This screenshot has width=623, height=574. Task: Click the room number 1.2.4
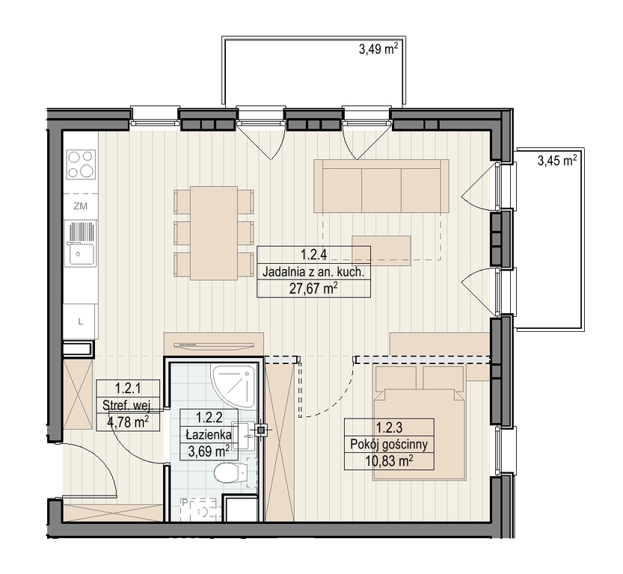tap(313, 254)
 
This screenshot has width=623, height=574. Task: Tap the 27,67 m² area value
tap(313, 288)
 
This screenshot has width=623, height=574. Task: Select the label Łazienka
tap(209, 434)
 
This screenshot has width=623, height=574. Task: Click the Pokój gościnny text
tap(389, 444)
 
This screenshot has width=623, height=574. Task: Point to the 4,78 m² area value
tap(128, 422)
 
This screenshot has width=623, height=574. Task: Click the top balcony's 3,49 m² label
tap(378, 49)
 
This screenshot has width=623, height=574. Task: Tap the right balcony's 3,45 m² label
tap(557, 161)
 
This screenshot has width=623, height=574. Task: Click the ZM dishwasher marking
tap(81, 206)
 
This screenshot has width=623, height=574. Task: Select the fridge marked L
tap(80, 321)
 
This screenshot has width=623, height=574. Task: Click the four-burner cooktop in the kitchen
tap(81, 164)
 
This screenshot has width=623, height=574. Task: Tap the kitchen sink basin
tap(82, 253)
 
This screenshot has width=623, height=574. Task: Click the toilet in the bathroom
tap(230, 474)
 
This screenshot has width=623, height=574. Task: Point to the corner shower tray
tap(233, 386)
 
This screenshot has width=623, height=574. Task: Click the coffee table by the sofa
tap(381, 250)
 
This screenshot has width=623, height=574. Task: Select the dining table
tap(214, 233)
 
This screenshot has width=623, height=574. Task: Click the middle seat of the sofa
tap(381, 190)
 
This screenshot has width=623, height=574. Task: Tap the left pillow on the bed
tap(396, 378)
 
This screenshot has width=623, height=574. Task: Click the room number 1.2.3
tap(390, 428)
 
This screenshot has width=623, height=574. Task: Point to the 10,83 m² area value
tap(389, 461)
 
